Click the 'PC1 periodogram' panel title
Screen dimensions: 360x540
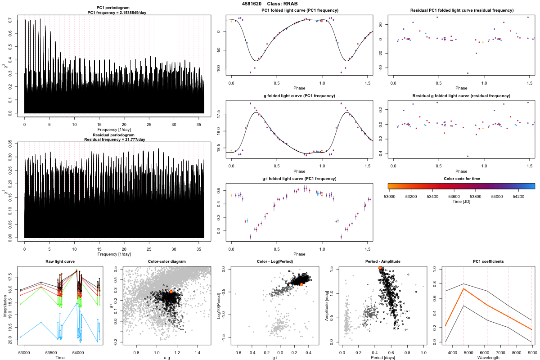[x=114, y=8]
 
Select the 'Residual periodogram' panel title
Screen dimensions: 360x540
[x=114, y=135]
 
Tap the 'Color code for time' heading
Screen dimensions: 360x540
[x=461, y=179]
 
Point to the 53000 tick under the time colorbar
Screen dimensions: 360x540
[x=389, y=196]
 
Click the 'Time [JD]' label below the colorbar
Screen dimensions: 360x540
[x=461, y=202]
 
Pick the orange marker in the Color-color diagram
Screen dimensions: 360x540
[x=171, y=292]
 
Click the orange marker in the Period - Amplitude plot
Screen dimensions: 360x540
[x=380, y=268]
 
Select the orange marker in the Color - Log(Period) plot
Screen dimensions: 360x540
[x=301, y=284]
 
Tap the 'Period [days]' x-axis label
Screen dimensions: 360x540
[x=381, y=357]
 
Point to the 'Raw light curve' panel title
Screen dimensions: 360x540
[x=60, y=261]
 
